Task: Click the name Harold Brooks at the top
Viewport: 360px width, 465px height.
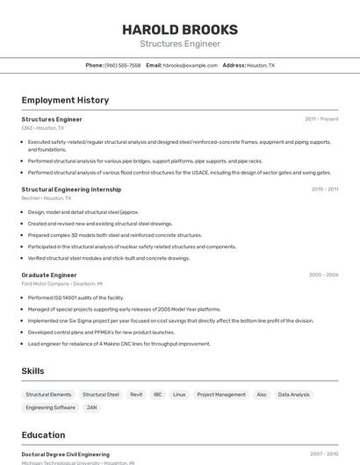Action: point(179,29)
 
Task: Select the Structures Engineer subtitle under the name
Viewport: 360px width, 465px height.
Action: point(179,44)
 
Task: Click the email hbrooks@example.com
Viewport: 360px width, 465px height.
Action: point(191,65)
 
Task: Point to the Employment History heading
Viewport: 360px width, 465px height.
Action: point(65,101)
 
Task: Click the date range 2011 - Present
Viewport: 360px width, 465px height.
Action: point(321,119)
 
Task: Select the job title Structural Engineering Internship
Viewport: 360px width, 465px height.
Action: point(71,190)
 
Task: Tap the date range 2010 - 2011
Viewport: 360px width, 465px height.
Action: point(324,190)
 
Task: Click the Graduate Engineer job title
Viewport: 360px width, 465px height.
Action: point(49,275)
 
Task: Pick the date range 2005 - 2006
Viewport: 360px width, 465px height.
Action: point(323,275)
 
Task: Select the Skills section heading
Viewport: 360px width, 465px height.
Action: point(32,371)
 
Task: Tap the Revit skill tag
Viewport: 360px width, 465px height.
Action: point(136,395)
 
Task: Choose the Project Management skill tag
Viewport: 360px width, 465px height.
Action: point(221,395)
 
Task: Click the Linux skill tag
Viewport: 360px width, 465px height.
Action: point(179,395)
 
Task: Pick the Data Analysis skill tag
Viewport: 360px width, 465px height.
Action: point(293,395)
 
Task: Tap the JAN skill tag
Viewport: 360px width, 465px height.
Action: point(92,408)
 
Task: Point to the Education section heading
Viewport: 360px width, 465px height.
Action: point(43,435)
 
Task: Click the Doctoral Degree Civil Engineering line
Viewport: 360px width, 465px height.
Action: point(66,454)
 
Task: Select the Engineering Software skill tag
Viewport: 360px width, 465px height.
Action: point(51,408)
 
